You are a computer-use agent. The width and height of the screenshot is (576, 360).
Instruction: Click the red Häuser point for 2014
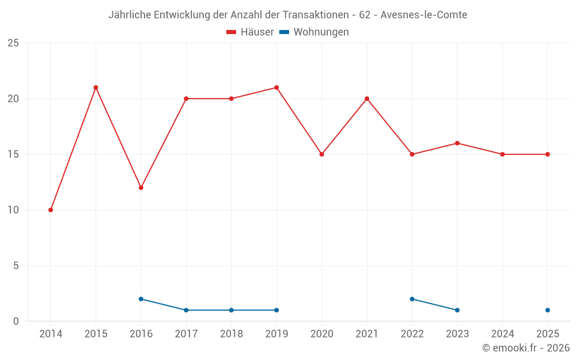(51, 210)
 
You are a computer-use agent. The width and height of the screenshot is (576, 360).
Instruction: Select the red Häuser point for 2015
(96, 88)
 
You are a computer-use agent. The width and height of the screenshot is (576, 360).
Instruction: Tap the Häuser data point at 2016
(141, 188)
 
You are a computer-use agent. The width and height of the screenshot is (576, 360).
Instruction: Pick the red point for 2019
(276, 88)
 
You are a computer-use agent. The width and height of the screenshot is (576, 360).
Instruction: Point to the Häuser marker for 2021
(367, 99)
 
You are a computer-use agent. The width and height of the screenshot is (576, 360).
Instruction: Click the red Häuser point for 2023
(457, 143)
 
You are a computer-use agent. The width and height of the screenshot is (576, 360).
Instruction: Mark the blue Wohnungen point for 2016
(141, 299)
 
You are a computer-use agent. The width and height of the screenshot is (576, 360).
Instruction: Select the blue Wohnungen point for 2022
(412, 299)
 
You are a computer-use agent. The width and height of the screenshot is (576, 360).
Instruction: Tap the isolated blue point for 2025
(548, 310)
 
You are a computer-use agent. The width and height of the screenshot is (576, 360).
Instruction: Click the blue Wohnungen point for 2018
(232, 310)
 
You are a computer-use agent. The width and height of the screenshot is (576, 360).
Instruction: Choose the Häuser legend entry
(250, 32)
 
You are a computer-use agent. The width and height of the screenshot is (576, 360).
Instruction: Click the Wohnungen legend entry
(314, 32)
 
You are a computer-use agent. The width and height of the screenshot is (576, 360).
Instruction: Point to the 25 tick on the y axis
(13, 43)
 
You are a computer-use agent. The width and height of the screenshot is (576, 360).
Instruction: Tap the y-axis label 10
(13, 210)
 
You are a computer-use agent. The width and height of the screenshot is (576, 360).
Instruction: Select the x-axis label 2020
(322, 334)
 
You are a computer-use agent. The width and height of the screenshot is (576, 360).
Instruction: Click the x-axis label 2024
(502, 334)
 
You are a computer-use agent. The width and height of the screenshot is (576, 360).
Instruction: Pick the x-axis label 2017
(186, 334)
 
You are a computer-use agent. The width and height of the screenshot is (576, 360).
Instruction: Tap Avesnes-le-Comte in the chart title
(424, 15)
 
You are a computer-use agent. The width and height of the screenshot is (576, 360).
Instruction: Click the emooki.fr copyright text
(526, 347)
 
